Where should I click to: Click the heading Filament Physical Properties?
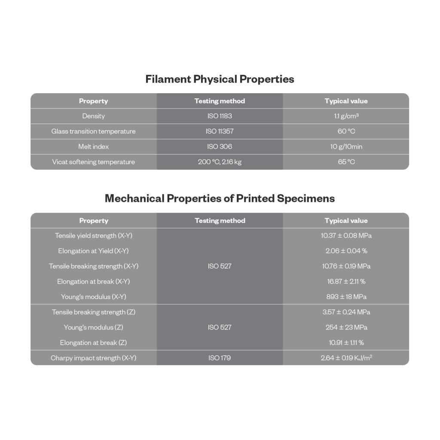(x=220, y=79)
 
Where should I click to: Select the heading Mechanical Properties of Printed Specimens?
(x=220, y=199)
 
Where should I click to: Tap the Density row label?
(x=93, y=116)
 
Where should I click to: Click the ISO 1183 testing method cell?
(x=220, y=116)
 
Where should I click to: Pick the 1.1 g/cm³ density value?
(x=346, y=116)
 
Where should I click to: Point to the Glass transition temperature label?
(x=93, y=131)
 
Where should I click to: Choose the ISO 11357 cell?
(x=220, y=131)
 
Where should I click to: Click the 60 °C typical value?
(x=346, y=131)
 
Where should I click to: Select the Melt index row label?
(x=93, y=147)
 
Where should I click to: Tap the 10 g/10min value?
(x=346, y=147)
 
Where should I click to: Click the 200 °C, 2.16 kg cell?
(x=220, y=162)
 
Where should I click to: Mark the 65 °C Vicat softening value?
(x=346, y=162)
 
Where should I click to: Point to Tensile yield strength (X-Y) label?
(x=93, y=235)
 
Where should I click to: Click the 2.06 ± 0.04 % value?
(x=346, y=251)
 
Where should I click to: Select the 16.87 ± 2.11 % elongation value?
(x=346, y=281)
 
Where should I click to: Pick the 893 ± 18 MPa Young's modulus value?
(x=346, y=297)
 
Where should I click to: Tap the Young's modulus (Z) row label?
(x=93, y=327)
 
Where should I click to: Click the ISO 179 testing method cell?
(x=220, y=358)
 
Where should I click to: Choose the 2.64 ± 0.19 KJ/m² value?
(x=346, y=358)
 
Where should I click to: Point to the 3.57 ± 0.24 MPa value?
(x=346, y=312)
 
